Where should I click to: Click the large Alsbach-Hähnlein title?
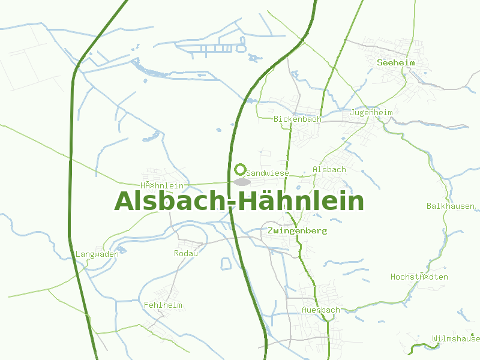point(239,202)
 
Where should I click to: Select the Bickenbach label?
point(298,119)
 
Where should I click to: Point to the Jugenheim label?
point(371,113)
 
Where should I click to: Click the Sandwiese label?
point(268,173)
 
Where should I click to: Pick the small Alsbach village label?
point(329,170)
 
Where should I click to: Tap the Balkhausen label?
point(451,206)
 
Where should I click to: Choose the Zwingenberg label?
point(298,230)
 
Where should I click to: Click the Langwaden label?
point(97,254)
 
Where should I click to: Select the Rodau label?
point(186,253)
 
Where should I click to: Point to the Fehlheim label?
point(163,305)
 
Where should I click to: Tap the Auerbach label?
point(321,310)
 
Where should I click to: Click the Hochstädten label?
point(419,277)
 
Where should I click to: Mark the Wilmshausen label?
point(456,339)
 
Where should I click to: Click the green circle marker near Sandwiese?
point(241,169)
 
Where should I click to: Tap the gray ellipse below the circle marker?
point(241,182)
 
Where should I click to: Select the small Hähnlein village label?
point(162,186)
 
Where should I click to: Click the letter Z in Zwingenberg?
point(272,230)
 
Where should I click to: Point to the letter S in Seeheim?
point(380,62)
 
